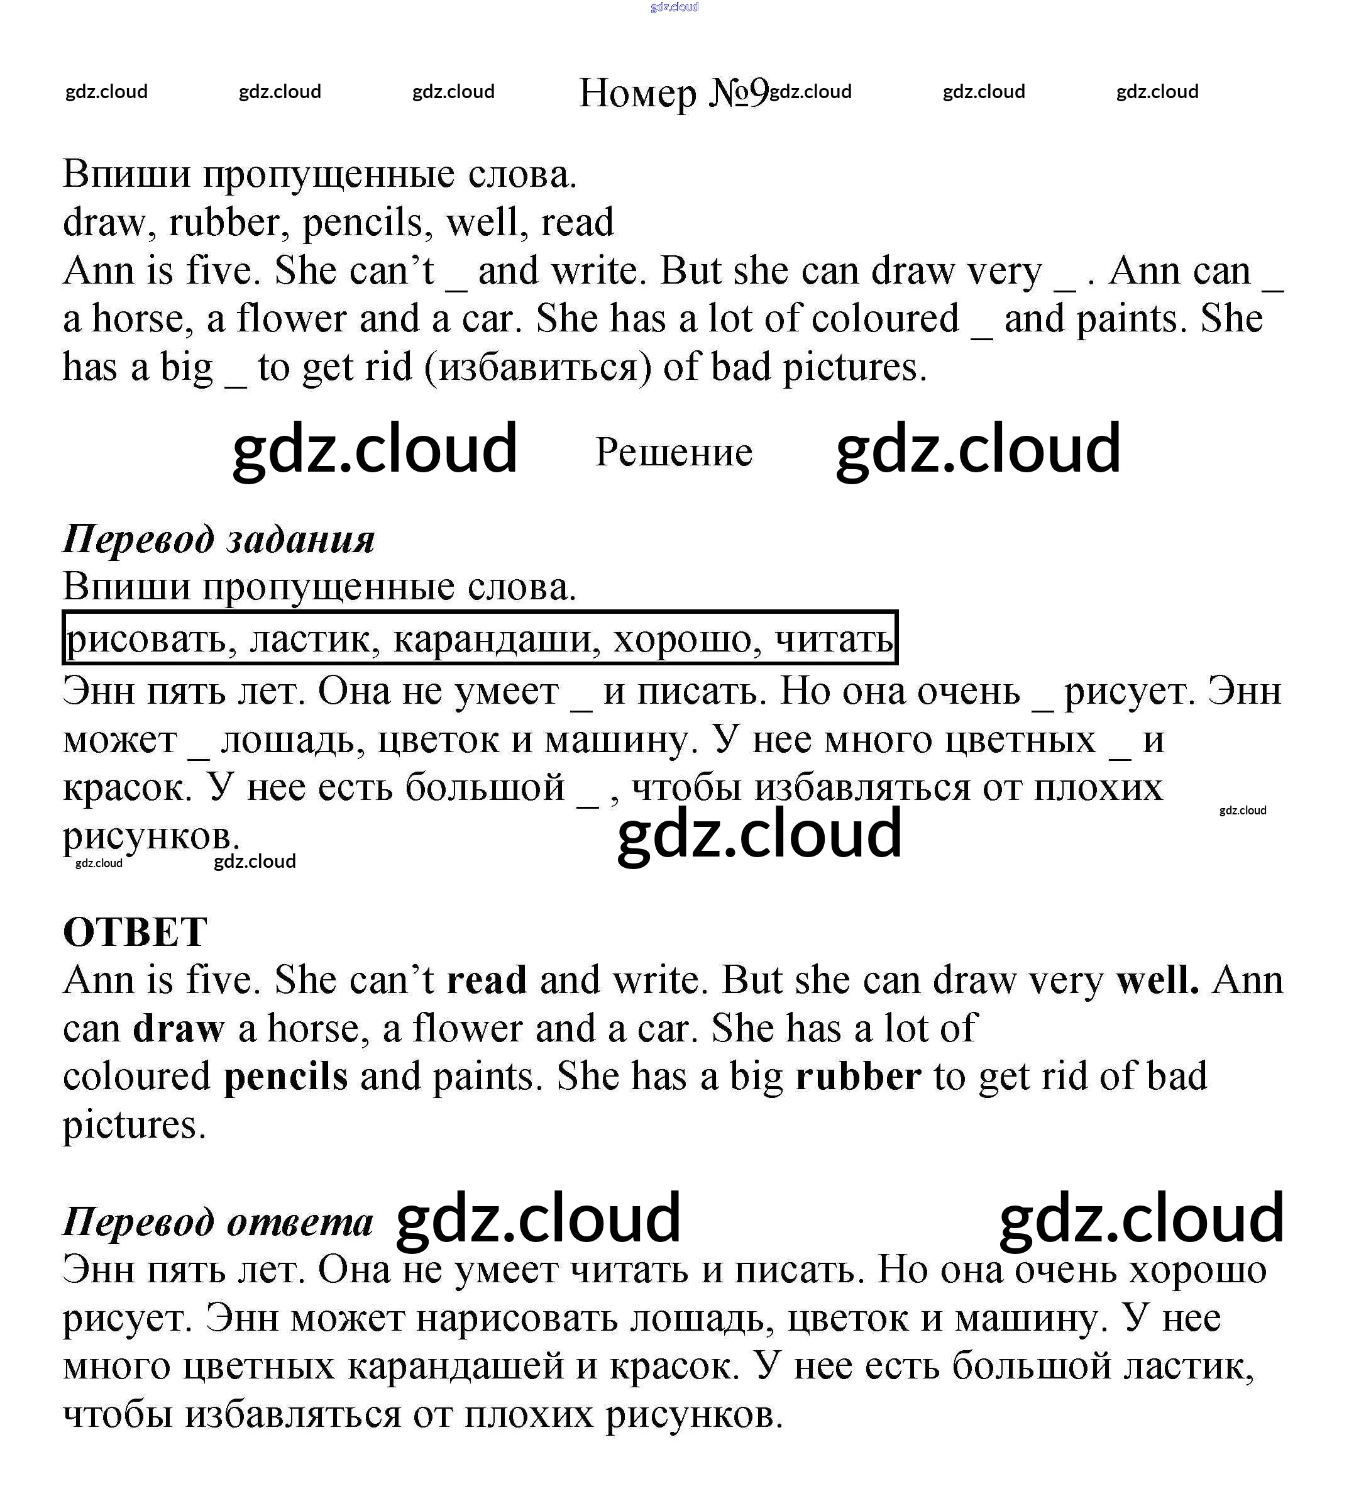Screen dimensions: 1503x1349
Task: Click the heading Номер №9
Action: [673, 94]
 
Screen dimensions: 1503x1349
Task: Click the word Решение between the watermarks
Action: [674, 452]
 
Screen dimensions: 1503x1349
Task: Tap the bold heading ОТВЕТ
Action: [135, 932]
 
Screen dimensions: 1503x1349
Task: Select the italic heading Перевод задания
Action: [219, 539]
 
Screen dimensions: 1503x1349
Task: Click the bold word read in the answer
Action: [487, 980]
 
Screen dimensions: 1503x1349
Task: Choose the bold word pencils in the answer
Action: [285, 1077]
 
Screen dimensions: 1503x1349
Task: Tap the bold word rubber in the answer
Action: [858, 1077]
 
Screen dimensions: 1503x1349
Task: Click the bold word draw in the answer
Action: [179, 1028]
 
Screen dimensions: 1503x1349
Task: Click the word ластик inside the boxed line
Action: [315, 639]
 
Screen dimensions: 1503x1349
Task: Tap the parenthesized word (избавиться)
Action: [537, 368]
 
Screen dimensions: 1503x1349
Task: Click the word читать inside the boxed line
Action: [833, 639]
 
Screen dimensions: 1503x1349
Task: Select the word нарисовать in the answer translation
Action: [517, 1318]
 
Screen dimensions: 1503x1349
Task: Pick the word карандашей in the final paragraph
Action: [456, 1367]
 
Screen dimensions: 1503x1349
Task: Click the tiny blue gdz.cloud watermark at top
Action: [674, 8]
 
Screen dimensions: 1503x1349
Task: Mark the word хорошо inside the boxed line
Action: [688, 639]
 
